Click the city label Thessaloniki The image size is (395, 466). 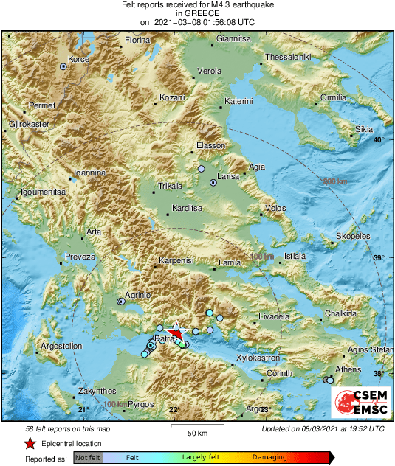(289, 57)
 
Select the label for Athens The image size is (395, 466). (348, 369)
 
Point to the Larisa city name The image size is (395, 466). (227, 178)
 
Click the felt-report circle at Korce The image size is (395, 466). (63, 66)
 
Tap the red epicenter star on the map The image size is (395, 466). (175, 333)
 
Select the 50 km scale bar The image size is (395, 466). (196, 427)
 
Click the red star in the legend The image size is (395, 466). (30, 444)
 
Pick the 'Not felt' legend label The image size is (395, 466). (88, 458)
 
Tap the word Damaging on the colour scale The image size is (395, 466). (269, 458)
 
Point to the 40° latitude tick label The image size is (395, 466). (379, 140)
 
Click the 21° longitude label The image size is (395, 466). (83, 409)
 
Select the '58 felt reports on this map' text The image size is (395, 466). (68, 428)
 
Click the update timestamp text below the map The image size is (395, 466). (323, 428)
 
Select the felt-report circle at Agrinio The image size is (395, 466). (121, 301)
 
